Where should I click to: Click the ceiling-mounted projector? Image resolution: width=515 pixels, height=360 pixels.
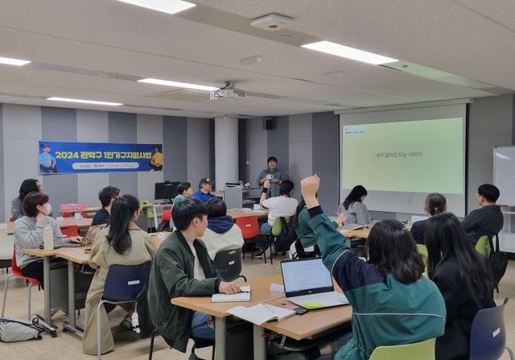click(228, 93)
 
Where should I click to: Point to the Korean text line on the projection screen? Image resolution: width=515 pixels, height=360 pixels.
click(398, 155)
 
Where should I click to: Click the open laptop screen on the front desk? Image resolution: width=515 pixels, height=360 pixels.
click(307, 277)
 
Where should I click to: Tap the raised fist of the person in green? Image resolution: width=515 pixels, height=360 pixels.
click(310, 186)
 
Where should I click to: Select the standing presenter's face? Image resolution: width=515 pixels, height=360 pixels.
click(273, 163)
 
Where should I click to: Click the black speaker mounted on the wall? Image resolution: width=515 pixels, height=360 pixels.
click(268, 124)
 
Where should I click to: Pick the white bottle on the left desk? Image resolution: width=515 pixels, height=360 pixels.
click(48, 237)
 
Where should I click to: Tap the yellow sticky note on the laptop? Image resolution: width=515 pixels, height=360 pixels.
click(312, 304)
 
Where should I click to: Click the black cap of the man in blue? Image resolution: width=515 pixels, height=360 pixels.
click(206, 182)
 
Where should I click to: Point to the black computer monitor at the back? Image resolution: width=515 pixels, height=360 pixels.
click(167, 191)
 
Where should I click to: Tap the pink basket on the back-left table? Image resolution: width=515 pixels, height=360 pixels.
click(72, 208)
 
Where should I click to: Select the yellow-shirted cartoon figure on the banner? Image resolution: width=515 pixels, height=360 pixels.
click(156, 157)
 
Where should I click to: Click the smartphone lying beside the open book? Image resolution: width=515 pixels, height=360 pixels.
click(299, 310)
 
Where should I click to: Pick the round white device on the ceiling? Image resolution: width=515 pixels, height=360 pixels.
click(272, 22)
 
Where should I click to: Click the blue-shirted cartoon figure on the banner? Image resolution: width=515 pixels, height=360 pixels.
click(48, 159)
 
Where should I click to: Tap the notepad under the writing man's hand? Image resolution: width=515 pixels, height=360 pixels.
click(231, 296)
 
